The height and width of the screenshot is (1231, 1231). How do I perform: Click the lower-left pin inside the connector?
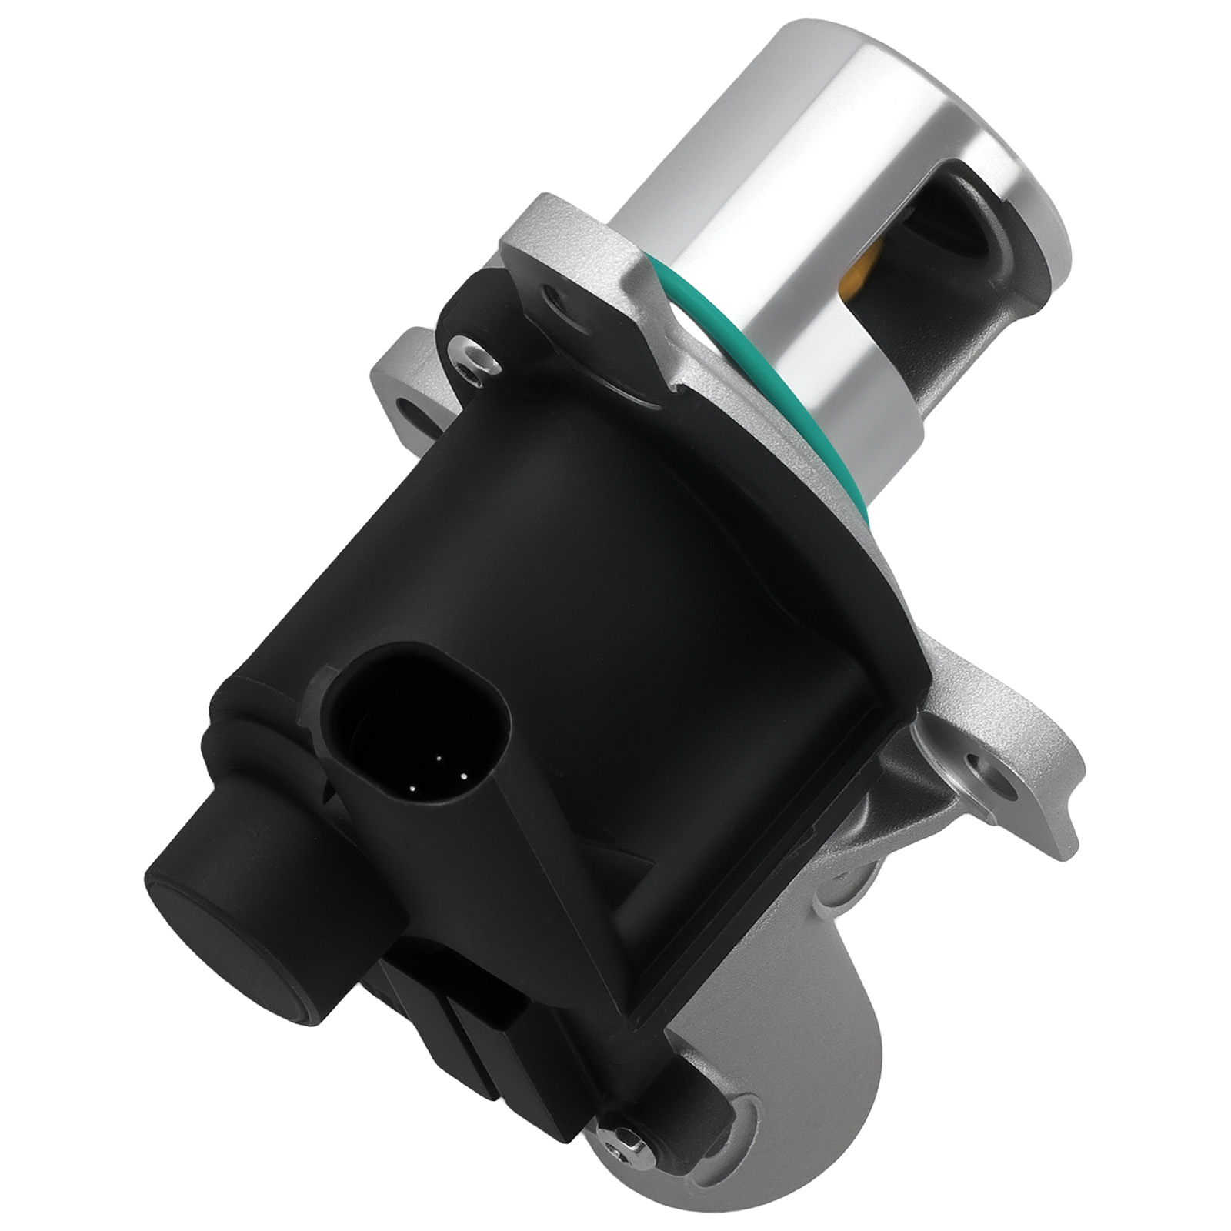(x=414, y=787)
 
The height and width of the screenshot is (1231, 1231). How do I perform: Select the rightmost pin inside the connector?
(x=465, y=776)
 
